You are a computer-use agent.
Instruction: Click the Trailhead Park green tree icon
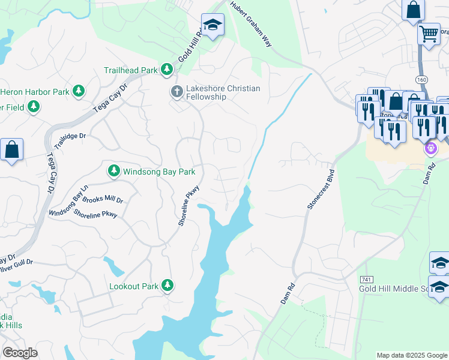167,70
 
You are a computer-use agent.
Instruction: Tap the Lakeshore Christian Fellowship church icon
176,92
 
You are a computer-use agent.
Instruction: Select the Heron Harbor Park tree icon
78,92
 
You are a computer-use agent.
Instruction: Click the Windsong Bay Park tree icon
113,172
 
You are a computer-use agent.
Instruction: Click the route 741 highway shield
367,280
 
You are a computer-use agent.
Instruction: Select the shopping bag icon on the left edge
11,149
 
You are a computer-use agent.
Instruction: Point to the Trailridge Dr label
70,141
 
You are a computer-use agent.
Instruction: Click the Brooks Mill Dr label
103,200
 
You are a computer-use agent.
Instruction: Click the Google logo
20,353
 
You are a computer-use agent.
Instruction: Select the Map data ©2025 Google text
411,355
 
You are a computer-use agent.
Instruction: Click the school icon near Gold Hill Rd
211,25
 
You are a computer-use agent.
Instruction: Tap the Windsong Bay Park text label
159,172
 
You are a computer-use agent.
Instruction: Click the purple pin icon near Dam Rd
430,147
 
